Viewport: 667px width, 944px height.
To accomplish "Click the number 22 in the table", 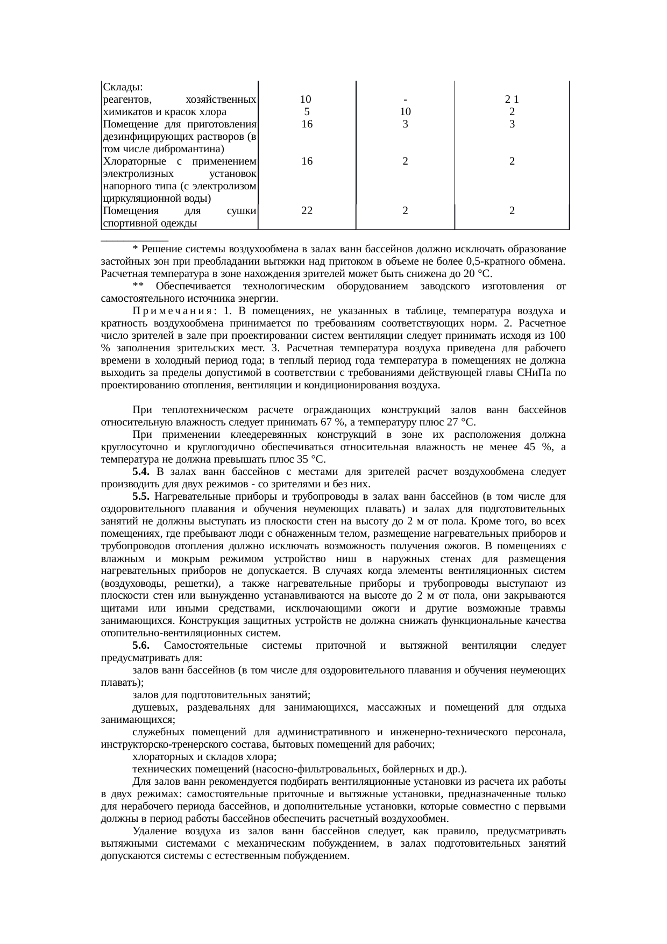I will pos(307,211).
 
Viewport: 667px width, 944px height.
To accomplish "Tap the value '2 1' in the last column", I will pos(512,100).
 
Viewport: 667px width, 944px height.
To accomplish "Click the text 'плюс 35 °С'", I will pos(302,459).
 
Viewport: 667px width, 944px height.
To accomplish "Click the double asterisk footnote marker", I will pos(137,287).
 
